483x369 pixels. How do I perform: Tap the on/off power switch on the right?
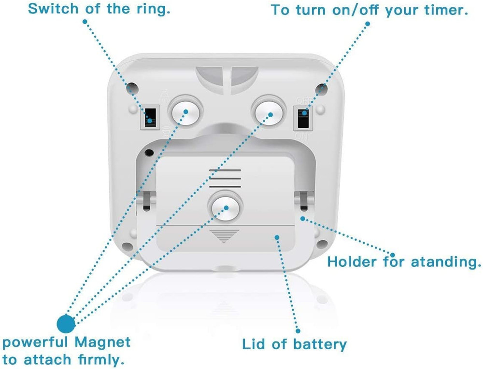[303, 118]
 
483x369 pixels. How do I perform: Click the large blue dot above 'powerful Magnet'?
[66, 323]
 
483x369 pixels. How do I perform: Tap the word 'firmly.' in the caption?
[99, 359]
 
